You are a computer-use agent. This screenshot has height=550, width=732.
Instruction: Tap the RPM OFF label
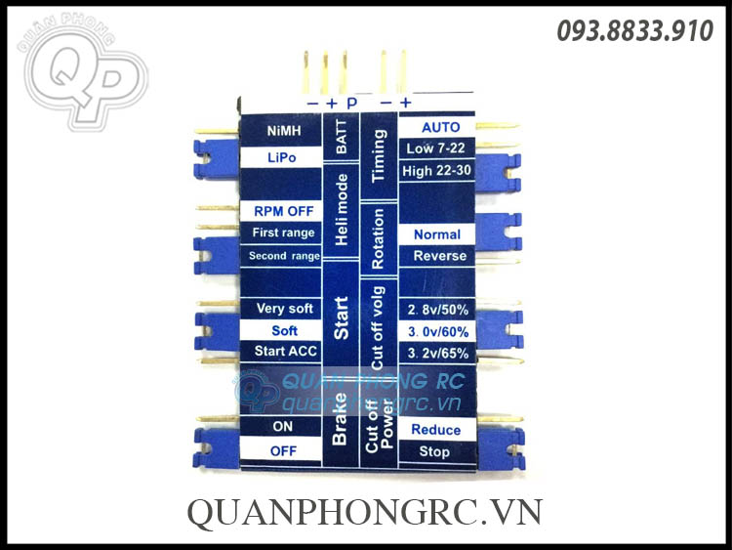point(283,211)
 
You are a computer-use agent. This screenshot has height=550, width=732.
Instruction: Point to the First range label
point(283,233)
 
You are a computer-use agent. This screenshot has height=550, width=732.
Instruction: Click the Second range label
point(283,256)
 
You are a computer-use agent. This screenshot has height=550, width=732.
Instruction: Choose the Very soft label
point(284,309)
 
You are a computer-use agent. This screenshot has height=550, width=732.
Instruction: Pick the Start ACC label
point(284,351)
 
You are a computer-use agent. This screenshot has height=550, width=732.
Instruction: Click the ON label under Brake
point(283,427)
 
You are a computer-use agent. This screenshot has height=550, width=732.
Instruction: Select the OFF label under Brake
point(283,451)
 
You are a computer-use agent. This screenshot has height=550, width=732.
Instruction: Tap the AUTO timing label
point(440,128)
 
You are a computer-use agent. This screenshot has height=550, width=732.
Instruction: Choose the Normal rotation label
point(436,234)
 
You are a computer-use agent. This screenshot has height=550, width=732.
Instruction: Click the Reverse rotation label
point(439,256)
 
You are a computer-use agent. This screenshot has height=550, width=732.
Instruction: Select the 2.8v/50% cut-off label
point(435,310)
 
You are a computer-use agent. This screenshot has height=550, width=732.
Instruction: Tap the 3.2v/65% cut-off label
point(435,352)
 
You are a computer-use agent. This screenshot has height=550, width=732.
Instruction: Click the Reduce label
point(435,430)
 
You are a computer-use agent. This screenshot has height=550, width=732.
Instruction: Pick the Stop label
point(434,451)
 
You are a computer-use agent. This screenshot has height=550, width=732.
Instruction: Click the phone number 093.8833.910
point(634,31)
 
